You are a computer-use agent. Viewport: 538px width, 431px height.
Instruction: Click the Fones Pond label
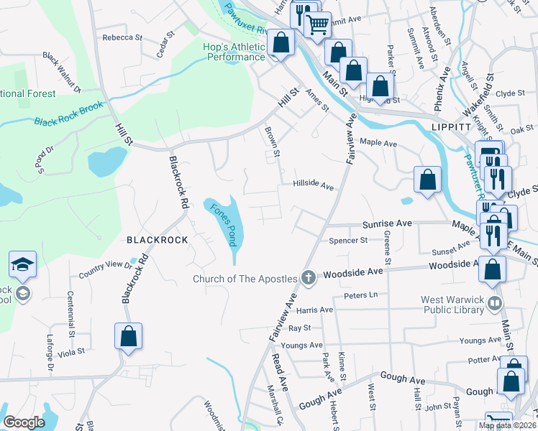[223, 223]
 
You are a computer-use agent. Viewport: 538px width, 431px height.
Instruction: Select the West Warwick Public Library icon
[494, 302]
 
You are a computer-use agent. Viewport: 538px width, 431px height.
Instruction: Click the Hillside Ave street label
[313, 185]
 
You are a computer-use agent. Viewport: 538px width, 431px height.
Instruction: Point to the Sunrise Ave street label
[387, 224]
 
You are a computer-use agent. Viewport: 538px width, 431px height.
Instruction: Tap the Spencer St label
[348, 241]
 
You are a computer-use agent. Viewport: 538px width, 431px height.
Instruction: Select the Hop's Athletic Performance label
[226, 52]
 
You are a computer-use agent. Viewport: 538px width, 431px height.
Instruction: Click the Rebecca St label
[119, 37]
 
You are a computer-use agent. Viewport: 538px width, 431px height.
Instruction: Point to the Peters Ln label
[360, 295]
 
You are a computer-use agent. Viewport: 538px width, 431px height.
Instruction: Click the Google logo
[24, 422]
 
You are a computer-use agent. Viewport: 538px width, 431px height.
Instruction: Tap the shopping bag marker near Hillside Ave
[427, 181]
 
